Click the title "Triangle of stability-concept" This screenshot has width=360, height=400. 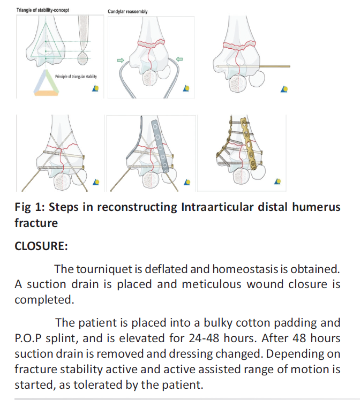pyautogui.click(x=43, y=10)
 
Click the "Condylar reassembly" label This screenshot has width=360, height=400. pyautogui.click(x=127, y=11)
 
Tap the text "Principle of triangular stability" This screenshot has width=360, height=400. pyautogui.click(x=76, y=76)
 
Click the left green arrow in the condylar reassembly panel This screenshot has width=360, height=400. pyautogui.click(x=121, y=60)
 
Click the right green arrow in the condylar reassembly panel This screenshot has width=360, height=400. pyautogui.click(x=179, y=59)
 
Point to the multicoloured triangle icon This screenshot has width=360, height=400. pyautogui.click(x=46, y=82)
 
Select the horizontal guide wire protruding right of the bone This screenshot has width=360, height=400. pyautogui.click(x=275, y=66)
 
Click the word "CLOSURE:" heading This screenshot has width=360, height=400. pyautogui.click(x=41, y=246)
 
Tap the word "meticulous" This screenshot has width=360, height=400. pyautogui.click(x=212, y=284)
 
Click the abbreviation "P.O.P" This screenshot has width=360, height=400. pyautogui.click(x=28, y=338)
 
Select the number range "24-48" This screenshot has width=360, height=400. pyautogui.click(x=204, y=338)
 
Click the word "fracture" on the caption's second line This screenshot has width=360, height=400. pyautogui.click(x=36, y=223)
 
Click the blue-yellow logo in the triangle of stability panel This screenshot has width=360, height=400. pyautogui.click(x=95, y=88)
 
